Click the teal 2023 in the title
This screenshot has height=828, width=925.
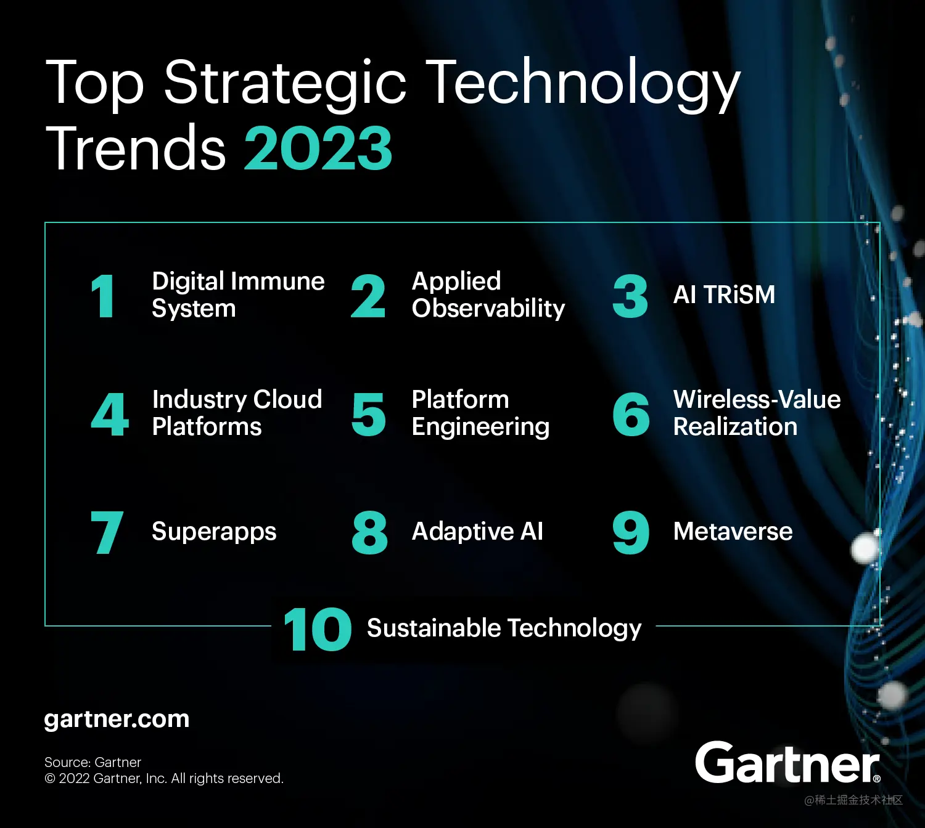click(x=318, y=148)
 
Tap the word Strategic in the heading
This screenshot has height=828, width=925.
click(x=285, y=83)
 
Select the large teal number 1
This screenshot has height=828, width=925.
click(x=103, y=296)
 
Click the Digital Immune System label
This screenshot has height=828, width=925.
click(x=237, y=294)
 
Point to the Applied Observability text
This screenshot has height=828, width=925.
click(x=488, y=294)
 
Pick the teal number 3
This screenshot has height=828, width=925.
click(x=630, y=296)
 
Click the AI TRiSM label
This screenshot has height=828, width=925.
click(x=724, y=294)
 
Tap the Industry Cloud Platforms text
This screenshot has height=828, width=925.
click(x=237, y=413)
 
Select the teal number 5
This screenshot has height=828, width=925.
click(x=368, y=415)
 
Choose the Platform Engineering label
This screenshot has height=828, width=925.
click(x=480, y=413)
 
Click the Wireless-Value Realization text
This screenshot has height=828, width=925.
click(x=757, y=413)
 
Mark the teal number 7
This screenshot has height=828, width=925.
click(x=107, y=532)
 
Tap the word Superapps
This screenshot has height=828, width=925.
click(x=214, y=531)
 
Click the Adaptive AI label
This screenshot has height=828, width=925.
click(x=477, y=531)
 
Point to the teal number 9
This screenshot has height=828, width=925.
click(x=630, y=532)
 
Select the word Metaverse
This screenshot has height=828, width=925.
click(x=733, y=531)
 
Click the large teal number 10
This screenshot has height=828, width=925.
click(x=317, y=629)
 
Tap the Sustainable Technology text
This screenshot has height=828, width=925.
click(x=504, y=628)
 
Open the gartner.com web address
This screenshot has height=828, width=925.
click(x=117, y=719)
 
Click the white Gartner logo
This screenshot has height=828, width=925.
click(x=787, y=763)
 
